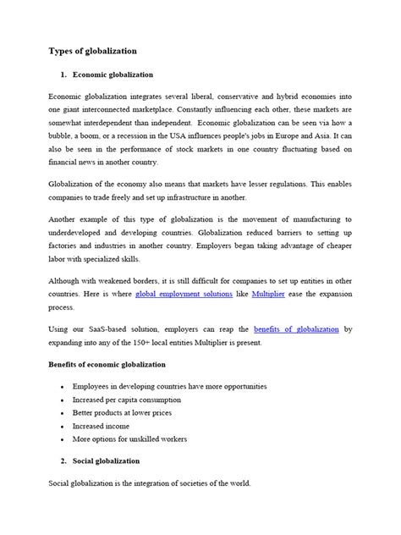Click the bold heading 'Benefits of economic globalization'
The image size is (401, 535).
pyautogui.click(x=118, y=363)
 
